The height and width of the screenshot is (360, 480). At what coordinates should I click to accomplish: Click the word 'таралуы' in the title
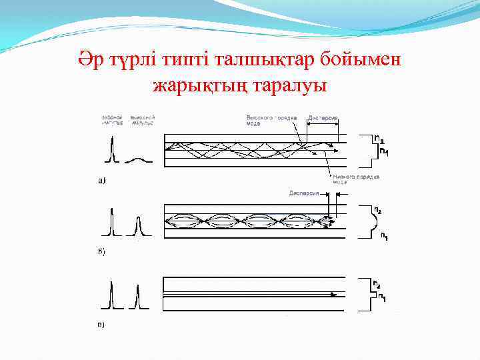(287, 87)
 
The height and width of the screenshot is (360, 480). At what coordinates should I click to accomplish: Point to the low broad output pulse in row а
(137, 161)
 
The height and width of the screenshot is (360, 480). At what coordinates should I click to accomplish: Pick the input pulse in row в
(113, 296)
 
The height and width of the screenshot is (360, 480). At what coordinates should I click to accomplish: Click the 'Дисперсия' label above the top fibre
(323, 119)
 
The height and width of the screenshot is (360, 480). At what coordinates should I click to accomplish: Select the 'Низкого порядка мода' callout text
(357, 179)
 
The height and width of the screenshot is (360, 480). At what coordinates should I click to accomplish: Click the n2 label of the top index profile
(379, 139)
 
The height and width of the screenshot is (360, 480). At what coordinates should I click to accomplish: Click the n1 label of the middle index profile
(384, 235)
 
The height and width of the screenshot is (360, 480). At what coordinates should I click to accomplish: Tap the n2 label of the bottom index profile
(377, 285)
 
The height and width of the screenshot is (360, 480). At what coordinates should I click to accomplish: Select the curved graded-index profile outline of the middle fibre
(367, 221)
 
